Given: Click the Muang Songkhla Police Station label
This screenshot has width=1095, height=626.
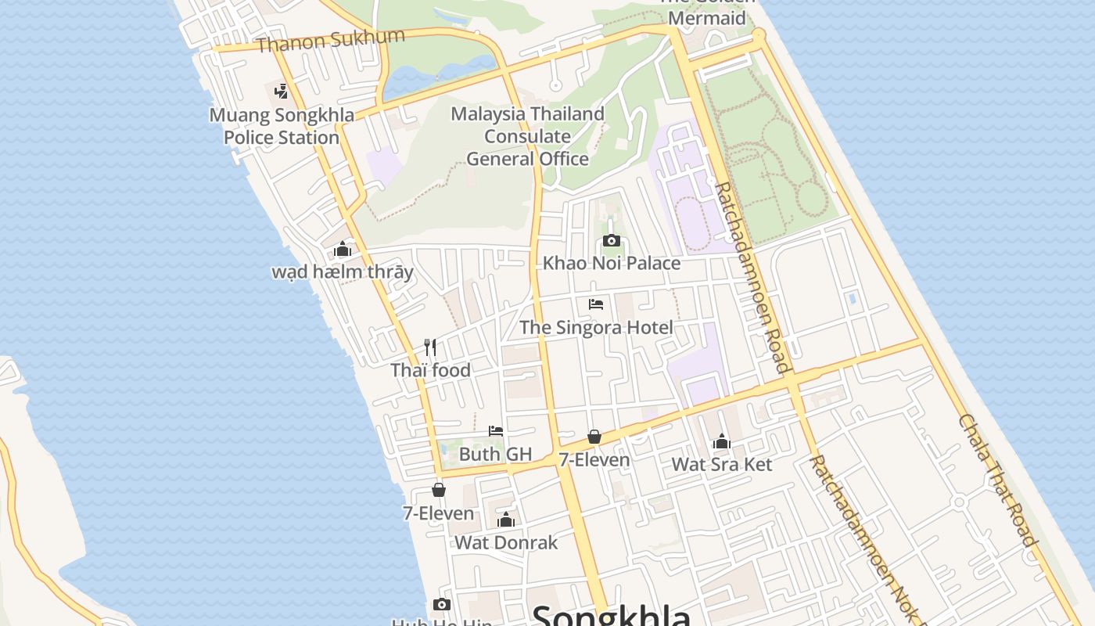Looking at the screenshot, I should (x=282, y=126).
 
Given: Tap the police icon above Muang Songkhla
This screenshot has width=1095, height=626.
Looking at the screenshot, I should (x=282, y=92).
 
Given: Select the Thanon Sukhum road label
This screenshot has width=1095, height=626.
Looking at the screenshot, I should (x=330, y=40).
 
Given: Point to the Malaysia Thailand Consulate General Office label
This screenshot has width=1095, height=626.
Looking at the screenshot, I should (x=528, y=136).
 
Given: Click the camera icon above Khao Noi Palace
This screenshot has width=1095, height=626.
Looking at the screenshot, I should (x=612, y=240).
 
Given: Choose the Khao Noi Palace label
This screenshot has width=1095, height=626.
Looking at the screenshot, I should (x=612, y=263).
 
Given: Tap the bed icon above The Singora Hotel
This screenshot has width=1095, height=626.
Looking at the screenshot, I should (x=596, y=304).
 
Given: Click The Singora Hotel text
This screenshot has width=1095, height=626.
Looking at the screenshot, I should (x=596, y=327).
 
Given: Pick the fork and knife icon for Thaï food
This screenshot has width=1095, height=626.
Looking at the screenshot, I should (x=430, y=347).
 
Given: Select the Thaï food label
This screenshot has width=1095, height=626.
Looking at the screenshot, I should (x=431, y=370).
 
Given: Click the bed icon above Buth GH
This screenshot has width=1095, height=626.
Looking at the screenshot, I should (x=496, y=430).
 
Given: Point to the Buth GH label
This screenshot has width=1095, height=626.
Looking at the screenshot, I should (x=495, y=454).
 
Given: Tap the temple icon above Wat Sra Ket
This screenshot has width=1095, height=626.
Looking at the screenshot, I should (x=722, y=441).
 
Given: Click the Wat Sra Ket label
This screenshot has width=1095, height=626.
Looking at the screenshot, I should (x=722, y=464).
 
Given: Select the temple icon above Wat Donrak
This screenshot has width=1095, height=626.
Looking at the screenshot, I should (x=506, y=520).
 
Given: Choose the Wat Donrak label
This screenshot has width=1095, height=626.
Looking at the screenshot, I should (x=506, y=542).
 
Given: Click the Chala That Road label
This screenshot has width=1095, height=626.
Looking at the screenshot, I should (x=998, y=480).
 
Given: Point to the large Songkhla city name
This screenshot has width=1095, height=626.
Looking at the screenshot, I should (x=611, y=616).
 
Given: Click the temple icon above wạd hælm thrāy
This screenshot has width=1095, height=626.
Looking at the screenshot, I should (x=343, y=250).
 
